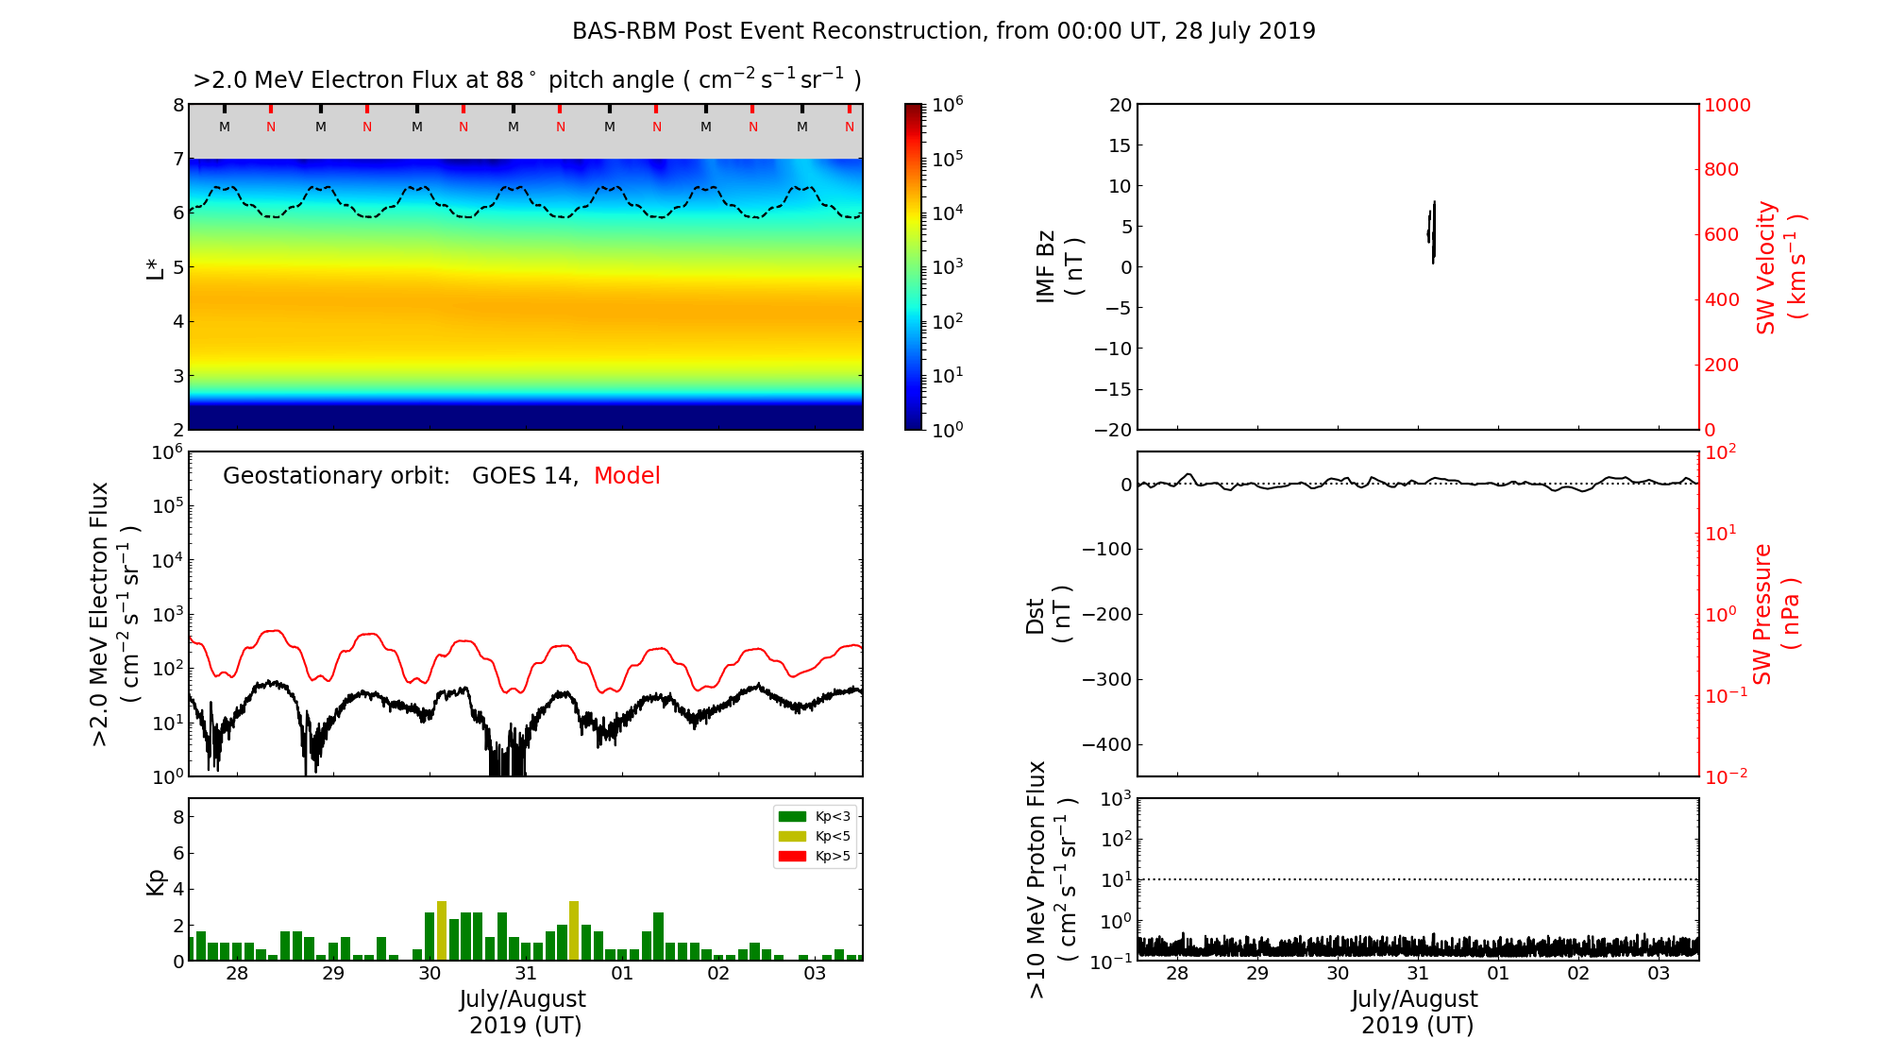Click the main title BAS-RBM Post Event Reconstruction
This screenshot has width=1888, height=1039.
point(943,31)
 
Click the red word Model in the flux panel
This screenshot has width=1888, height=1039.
point(627,476)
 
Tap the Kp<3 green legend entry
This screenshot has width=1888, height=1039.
point(815,816)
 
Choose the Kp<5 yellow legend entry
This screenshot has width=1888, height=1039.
point(815,836)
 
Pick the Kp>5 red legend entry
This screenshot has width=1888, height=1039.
point(815,857)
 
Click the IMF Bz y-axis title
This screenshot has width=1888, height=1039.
point(1058,266)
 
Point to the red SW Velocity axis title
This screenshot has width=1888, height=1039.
point(1780,266)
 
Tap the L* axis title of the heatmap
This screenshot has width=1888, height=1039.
point(155,267)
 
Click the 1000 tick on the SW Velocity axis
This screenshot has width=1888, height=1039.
point(1727,105)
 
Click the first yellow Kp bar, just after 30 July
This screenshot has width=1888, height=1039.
point(442,930)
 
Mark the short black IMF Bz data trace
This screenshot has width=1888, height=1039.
point(1432,232)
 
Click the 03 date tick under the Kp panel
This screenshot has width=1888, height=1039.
point(815,974)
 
